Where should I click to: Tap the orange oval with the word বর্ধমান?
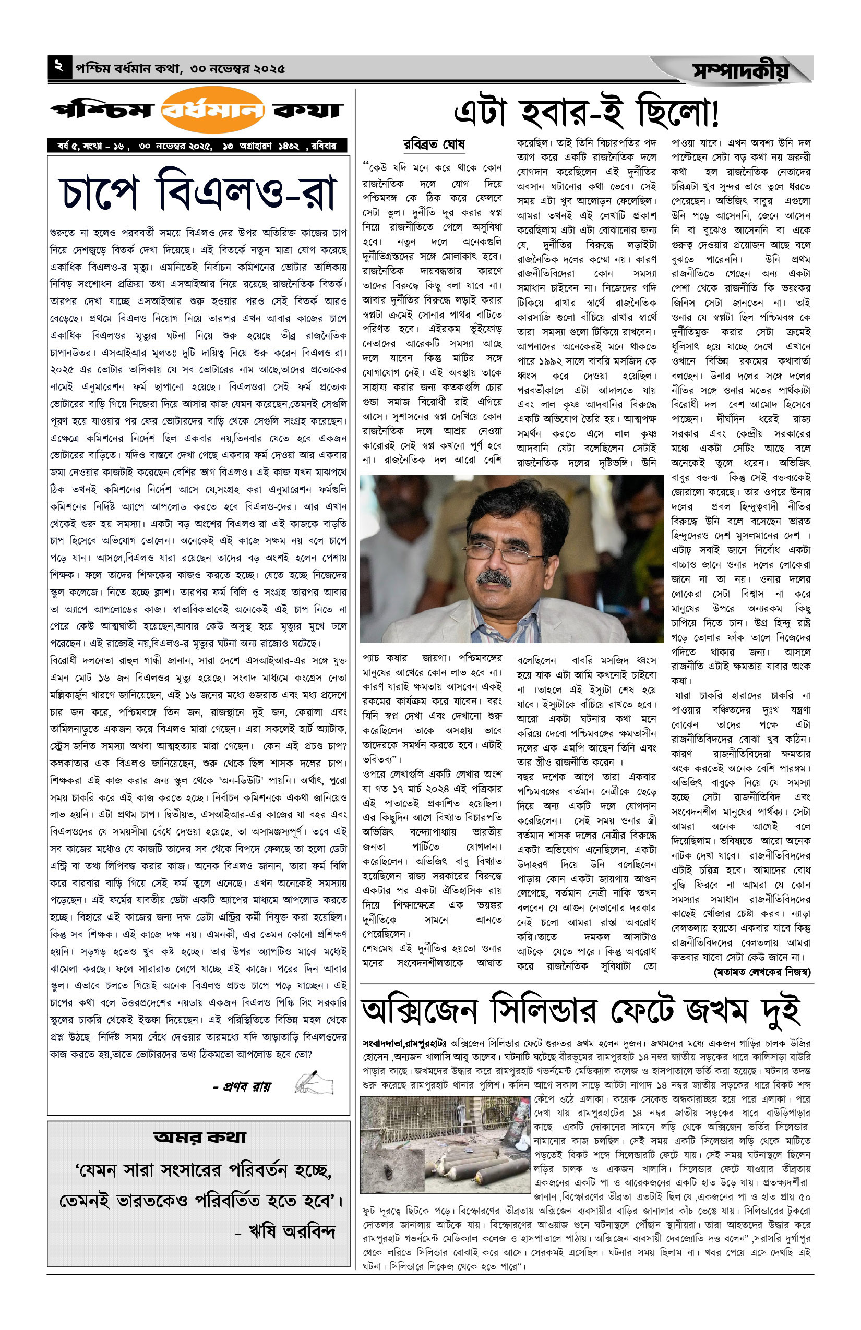pos(212,110)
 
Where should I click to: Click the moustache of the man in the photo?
pos(495,579)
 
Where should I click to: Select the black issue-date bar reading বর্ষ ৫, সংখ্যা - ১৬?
pos(197,146)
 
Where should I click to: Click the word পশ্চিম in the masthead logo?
pos(102,110)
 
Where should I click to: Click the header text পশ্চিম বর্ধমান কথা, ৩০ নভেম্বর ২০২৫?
pos(180,69)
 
